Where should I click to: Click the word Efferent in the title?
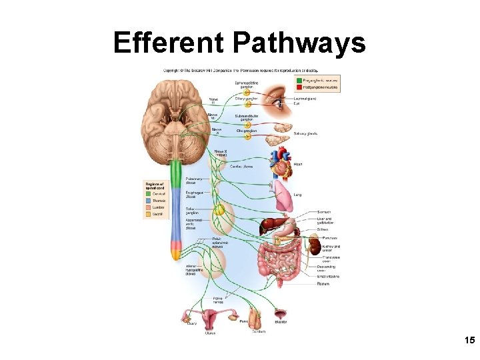click(x=170, y=43)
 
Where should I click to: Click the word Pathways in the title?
click(x=299, y=43)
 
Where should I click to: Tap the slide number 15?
click(x=469, y=341)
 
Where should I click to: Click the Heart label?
click(x=298, y=163)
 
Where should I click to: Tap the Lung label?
click(x=297, y=195)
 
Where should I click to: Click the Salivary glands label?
click(x=305, y=133)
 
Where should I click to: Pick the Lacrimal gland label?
click(x=305, y=99)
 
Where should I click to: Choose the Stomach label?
click(x=324, y=213)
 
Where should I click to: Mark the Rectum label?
click(x=323, y=283)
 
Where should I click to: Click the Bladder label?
click(x=281, y=322)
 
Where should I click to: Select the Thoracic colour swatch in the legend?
click(x=148, y=200)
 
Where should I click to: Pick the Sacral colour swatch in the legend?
click(x=148, y=215)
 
